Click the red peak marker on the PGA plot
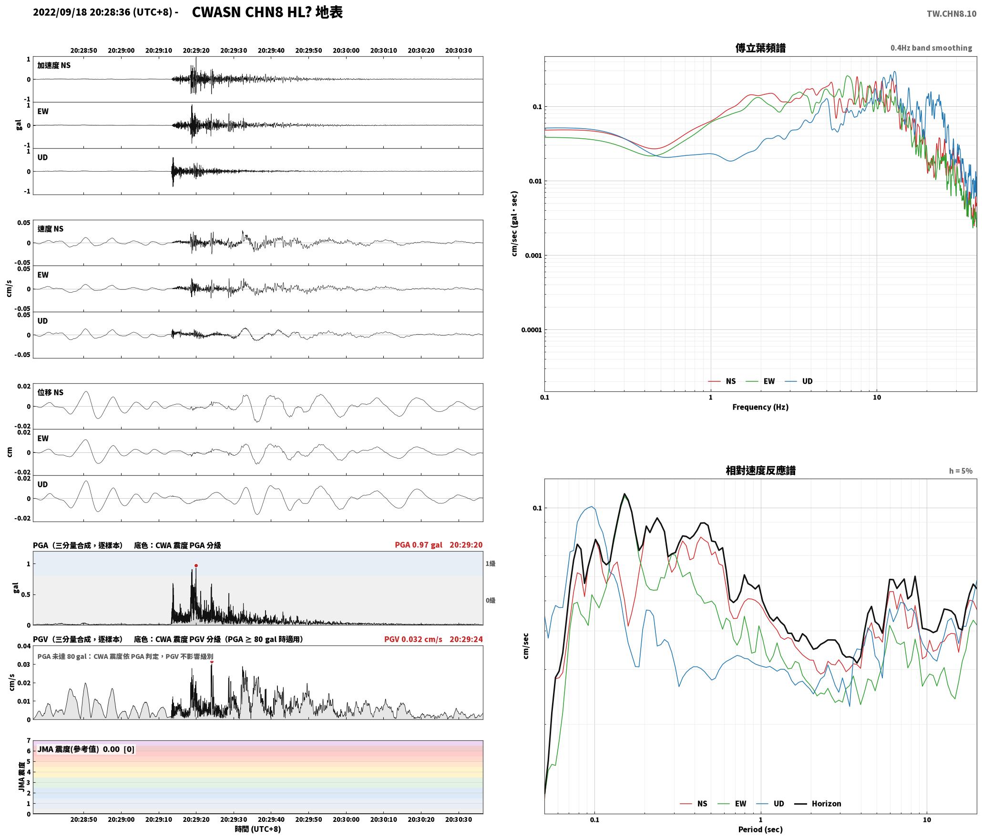pos(196,566)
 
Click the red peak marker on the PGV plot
pos(212,662)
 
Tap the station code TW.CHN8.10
pos(951,14)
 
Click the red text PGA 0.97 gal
pos(419,545)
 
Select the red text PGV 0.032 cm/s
pos(413,639)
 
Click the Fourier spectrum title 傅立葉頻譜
pos(760,48)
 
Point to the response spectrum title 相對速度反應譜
pos(760,471)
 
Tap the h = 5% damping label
pos(961,471)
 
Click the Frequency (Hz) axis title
pos(760,407)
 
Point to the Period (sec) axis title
pos(760,829)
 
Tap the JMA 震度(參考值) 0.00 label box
pos(86,749)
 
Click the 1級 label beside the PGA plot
pos(491,563)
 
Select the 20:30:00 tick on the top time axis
pos(346,51)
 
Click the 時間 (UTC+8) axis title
pos(258,829)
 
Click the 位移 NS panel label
pos(51,392)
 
